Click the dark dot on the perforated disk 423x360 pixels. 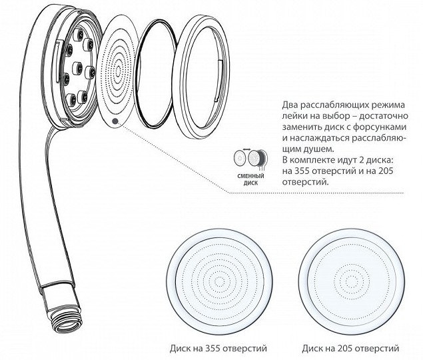pyautogui.click(x=115, y=121)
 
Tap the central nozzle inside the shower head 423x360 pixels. pyautogui.click(x=77, y=67)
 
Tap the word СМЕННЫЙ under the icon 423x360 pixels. pyautogui.click(x=250, y=177)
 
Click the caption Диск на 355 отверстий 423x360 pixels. pyautogui.click(x=218, y=349)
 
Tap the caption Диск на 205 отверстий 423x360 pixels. pyautogui.click(x=350, y=349)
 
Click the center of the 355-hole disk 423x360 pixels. pyautogui.click(x=219, y=282)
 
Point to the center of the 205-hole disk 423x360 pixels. pyautogui.click(x=352, y=282)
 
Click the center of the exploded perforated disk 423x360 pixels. pyautogui.click(x=118, y=71)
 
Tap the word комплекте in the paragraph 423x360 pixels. pyautogui.click(x=312, y=160)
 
